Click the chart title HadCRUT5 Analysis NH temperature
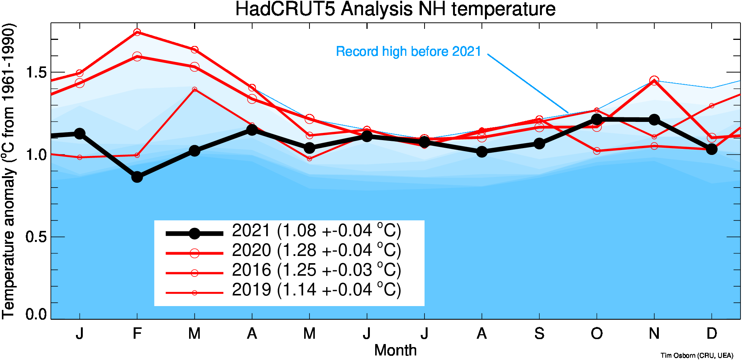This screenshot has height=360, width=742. [x=395, y=9]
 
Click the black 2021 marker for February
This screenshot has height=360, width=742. [x=137, y=177]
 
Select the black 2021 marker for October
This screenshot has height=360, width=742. [x=597, y=119]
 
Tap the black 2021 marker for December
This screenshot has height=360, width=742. [x=712, y=149]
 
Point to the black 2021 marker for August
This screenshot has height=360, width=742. [x=482, y=152]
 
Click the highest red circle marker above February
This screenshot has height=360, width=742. [x=137, y=32]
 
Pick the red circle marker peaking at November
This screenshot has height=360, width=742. [x=654, y=81]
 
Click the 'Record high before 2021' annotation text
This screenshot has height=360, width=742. [x=408, y=51]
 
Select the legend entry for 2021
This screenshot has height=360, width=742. [x=316, y=231]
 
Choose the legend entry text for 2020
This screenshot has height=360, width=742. [x=316, y=251]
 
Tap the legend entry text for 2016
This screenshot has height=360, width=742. [x=316, y=270]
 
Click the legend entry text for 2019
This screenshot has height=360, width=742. [x=316, y=290]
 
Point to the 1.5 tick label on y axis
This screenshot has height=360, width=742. [x=36, y=72]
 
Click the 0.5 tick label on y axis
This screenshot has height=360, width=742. [x=36, y=237]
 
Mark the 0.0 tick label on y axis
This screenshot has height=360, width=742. [x=36, y=314]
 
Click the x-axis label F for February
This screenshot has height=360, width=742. [x=137, y=334]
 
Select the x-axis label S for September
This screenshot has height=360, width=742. [x=539, y=334]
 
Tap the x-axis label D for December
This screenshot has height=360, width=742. [x=712, y=334]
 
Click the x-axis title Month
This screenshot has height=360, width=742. [x=395, y=350]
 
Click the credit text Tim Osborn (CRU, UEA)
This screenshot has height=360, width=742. [x=697, y=355]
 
